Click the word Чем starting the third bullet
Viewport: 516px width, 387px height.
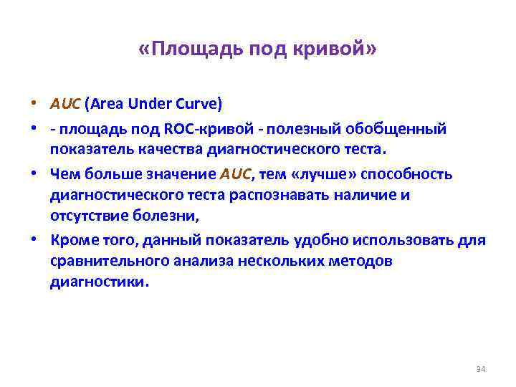click(x=64, y=175)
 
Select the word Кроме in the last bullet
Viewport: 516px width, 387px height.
click(x=72, y=241)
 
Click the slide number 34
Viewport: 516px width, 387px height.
click(x=481, y=369)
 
